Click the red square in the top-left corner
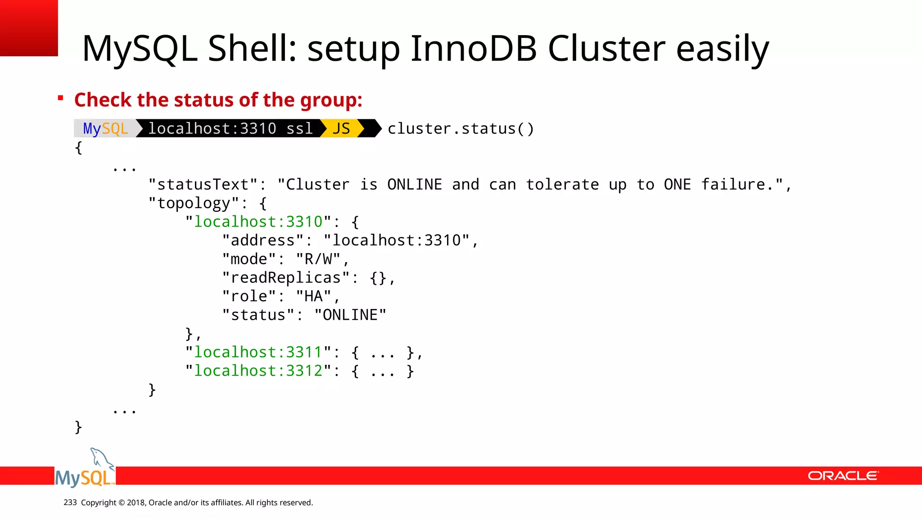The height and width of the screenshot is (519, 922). tap(29, 28)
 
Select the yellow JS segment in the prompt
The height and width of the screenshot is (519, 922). tap(341, 128)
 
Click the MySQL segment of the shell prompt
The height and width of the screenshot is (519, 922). tap(105, 128)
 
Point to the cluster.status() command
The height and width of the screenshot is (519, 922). tap(461, 129)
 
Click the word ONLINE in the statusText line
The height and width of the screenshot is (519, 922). tap(415, 185)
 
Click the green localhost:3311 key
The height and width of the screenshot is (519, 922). tap(258, 352)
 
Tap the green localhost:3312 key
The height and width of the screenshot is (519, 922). tap(258, 371)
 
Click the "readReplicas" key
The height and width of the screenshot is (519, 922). tap(286, 278)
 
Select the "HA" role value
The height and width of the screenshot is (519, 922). tap(313, 296)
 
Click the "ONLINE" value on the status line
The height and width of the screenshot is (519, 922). tap(350, 315)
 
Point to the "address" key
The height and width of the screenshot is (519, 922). tap(263, 241)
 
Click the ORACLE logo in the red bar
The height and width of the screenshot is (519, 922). tap(843, 476)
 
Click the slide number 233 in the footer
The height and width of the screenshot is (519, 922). tap(70, 502)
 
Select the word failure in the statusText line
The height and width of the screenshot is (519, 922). tap(733, 185)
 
